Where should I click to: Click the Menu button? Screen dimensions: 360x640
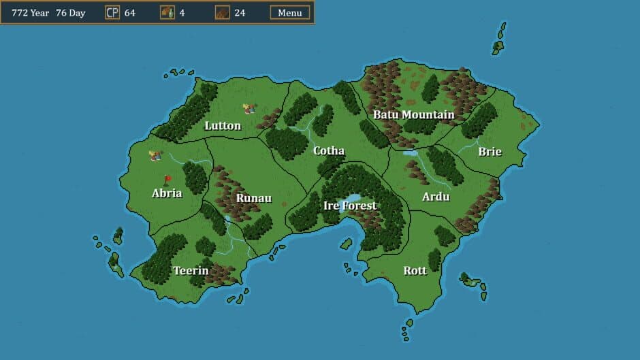pyautogui.click(x=290, y=12)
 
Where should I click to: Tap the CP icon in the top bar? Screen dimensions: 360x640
pyautogui.click(x=112, y=12)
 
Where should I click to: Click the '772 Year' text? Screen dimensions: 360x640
pyautogui.click(x=31, y=12)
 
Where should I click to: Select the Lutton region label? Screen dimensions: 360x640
pyautogui.click(x=223, y=126)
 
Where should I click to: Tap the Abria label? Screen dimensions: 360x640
pyautogui.click(x=167, y=193)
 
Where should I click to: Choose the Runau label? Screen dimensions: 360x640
pyautogui.click(x=253, y=199)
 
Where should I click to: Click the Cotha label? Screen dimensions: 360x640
pyautogui.click(x=329, y=150)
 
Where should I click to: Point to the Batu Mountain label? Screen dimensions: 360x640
pyautogui.click(x=413, y=114)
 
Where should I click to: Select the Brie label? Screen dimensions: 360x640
pyautogui.click(x=490, y=151)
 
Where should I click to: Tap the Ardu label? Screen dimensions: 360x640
pyautogui.click(x=436, y=197)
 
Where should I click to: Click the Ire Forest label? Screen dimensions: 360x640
pyautogui.click(x=350, y=206)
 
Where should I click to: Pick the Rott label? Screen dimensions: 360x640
pyautogui.click(x=415, y=270)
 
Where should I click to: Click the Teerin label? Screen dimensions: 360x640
pyautogui.click(x=190, y=270)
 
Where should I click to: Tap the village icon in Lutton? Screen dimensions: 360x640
pyautogui.click(x=250, y=108)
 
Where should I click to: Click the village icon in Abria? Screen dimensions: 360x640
pyautogui.click(x=156, y=156)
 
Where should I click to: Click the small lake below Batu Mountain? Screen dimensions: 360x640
pyautogui.click(x=410, y=153)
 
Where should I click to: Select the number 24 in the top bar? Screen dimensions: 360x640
pyautogui.click(x=240, y=12)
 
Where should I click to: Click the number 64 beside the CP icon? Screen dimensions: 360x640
pyautogui.click(x=129, y=12)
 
